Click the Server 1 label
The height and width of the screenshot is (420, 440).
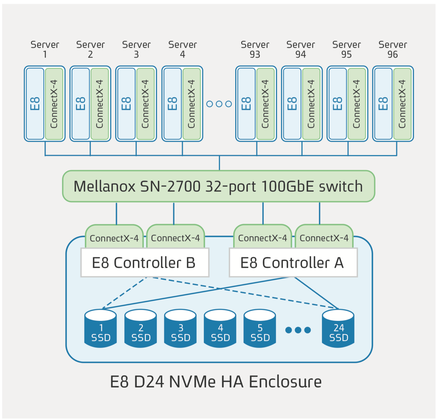(45, 49)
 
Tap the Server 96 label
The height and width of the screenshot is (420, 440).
(393, 49)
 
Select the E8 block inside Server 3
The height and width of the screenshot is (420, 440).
(126, 103)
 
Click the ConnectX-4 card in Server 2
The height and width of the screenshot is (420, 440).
(99, 103)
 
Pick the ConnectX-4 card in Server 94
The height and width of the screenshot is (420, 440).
(311, 103)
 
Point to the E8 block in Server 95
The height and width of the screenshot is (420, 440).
(337, 103)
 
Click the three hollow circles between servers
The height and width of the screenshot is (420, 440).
(219, 104)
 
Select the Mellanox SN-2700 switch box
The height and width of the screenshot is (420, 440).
(218, 186)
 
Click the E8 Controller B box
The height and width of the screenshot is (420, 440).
(144, 263)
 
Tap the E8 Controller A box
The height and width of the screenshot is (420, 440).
(293, 263)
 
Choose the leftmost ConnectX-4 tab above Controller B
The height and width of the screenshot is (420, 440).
(114, 237)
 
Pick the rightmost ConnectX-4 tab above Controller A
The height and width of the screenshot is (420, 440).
(324, 237)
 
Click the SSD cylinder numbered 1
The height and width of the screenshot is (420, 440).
(101, 329)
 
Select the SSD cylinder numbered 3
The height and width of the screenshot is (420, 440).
(181, 329)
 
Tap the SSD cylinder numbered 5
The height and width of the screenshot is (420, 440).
(260, 329)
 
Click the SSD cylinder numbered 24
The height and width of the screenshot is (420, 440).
(338, 329)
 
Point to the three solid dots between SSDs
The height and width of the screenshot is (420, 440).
(298, 330)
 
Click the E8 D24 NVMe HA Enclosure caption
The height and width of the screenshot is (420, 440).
(216, 382)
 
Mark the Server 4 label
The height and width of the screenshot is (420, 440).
(182, 49)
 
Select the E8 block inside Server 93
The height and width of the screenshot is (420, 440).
(246, 103)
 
